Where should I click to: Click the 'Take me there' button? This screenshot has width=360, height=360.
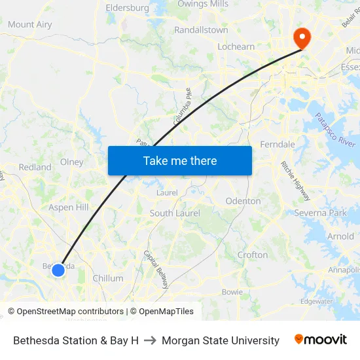pos(180,160)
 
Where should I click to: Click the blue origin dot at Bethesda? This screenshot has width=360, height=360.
pos(58,269)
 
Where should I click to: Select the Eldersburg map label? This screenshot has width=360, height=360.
pos(127,8)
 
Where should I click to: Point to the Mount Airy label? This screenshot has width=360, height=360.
pos(29,25)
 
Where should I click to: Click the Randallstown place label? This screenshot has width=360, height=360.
pos(201,30)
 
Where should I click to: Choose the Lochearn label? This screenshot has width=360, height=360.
pos(236,47)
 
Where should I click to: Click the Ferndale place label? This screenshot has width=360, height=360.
pos(278,144)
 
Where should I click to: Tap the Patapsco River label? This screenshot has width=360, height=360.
pos(334,130)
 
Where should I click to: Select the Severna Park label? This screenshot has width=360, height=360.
pos(320,213)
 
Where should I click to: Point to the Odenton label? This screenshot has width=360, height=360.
pos(243,201)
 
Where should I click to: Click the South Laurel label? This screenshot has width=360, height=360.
pos(175,213)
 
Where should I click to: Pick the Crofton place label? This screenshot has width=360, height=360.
pos(253,255)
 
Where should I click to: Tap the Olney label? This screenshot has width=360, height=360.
pos(71,162)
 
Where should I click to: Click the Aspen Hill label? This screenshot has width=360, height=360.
pos(69,207)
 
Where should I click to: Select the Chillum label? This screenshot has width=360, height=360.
pos(108,278)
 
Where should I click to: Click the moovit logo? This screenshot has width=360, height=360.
pos(321,340)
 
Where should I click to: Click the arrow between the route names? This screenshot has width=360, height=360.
pos(150,340)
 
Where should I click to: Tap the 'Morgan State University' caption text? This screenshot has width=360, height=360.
pos(221,340)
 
